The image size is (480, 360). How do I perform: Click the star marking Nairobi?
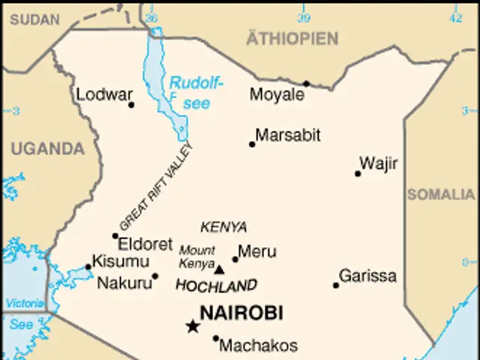[193, 325]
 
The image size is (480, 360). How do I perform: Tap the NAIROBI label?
[241, 313]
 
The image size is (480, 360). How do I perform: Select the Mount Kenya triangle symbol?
[219, 268]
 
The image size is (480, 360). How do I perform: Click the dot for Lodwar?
[131, 105]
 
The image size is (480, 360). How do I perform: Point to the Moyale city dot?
[306, 84]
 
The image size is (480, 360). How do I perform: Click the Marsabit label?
[288, 136]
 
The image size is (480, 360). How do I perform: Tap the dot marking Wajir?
[358, 174]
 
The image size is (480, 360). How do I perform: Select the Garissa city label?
[367, 276]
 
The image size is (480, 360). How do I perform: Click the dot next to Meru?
[235, 259]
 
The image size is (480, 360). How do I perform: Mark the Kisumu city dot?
[88, 266]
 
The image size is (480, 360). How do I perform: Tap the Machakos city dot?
[216, 338]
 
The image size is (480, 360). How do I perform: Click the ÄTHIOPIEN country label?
[292, 38]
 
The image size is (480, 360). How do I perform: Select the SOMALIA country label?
[441, 195]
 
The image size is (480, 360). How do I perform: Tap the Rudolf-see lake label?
[196, 93]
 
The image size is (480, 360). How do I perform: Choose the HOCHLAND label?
[215, 286]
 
